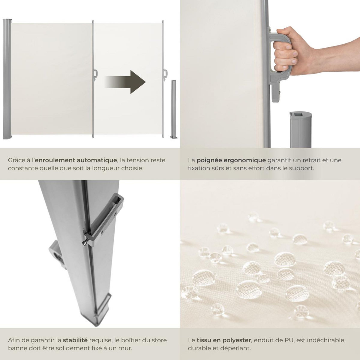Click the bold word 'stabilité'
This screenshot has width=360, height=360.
(x=75, y=340)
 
